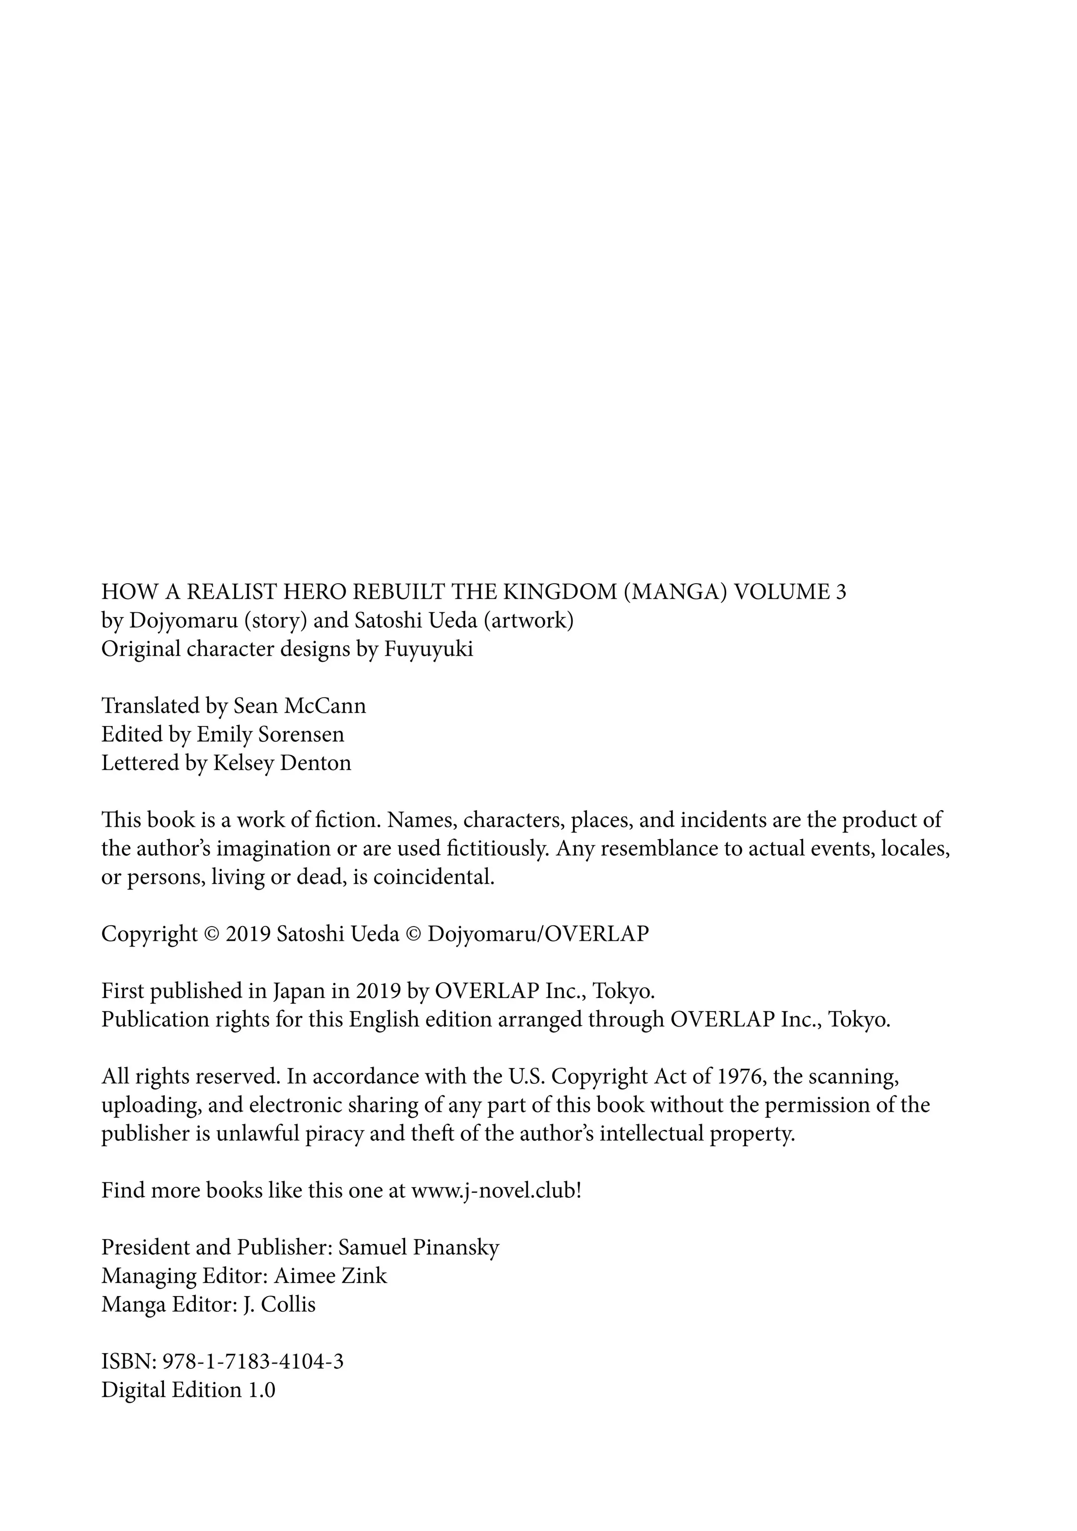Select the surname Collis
click(288, 1304)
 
